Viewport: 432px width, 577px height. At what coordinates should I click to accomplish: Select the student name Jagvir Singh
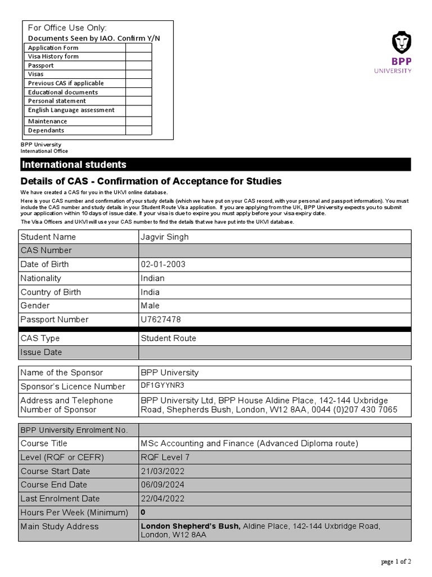164,237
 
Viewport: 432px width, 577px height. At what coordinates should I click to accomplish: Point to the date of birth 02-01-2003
163,264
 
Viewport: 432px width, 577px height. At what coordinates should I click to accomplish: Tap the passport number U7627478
161,319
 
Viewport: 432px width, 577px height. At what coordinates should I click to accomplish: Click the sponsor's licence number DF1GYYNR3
163,385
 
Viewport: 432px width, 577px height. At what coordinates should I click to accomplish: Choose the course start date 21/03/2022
163,471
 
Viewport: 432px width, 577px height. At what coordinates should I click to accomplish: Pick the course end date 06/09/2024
163,485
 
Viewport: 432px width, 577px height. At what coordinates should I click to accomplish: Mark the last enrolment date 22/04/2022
163,499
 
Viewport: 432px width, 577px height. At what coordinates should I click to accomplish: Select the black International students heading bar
215,165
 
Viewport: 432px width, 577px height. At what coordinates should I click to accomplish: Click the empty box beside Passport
138,65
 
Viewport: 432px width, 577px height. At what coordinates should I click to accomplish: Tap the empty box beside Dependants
138,130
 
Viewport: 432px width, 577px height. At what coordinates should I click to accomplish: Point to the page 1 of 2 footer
396,561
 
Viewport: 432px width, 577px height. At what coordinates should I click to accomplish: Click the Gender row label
35,305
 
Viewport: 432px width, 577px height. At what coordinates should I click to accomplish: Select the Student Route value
168,339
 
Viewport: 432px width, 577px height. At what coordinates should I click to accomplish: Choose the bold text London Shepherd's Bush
190,526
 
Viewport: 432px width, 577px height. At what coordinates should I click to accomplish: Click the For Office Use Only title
67,28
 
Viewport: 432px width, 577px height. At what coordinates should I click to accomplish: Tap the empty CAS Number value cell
275,251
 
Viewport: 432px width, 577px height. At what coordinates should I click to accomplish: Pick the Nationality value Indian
152,278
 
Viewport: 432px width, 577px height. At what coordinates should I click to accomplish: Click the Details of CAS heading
151,181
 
